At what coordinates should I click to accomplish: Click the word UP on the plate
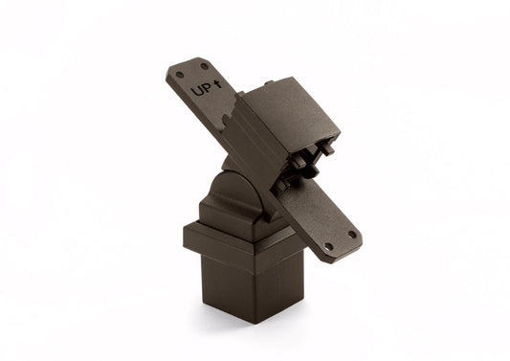click(202, 91)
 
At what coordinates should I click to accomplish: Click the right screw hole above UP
click(204, 65)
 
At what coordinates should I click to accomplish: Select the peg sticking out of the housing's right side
click(328, 149)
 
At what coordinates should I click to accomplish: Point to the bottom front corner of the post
click(257, 322)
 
